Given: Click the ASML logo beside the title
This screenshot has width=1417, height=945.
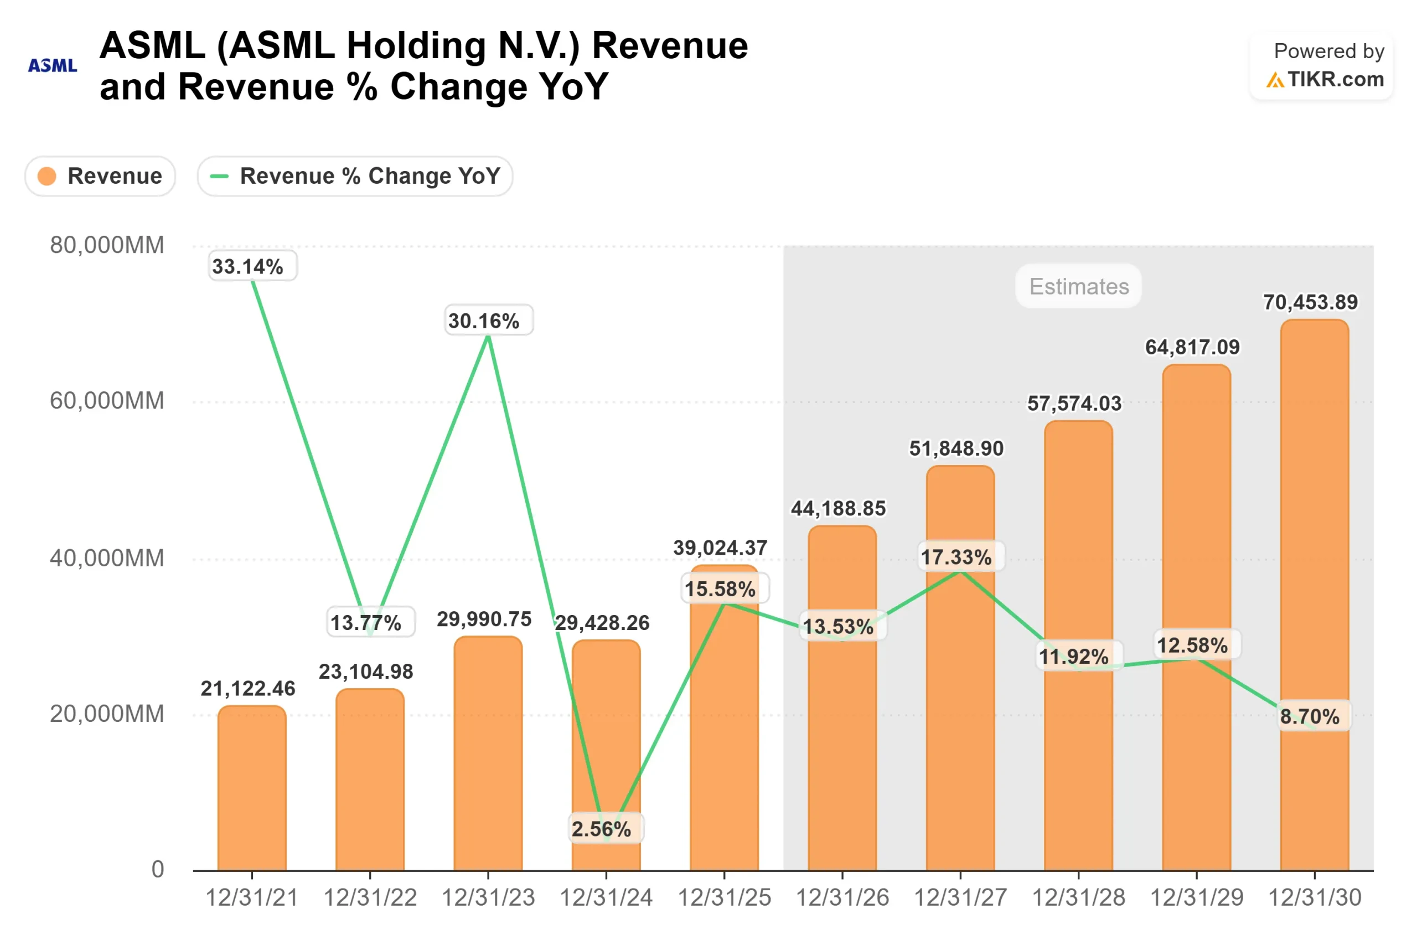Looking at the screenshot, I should point(53,65).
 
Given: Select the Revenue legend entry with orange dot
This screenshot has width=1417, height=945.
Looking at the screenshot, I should point(100,176).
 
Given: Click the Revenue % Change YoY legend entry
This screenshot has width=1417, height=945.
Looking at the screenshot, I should point(355,176).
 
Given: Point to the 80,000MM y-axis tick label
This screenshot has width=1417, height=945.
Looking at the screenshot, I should point(107,245).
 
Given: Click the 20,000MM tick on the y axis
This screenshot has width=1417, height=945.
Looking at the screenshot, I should point(107,714).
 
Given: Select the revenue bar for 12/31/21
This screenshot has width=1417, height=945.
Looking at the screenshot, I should point(252,789).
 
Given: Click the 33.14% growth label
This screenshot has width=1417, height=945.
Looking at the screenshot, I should point(247,266).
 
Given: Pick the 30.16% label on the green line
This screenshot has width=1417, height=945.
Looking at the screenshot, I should point(484,321).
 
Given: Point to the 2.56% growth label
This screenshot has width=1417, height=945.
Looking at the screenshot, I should point(601,829).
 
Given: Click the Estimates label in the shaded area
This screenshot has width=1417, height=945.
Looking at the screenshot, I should point(1078,286).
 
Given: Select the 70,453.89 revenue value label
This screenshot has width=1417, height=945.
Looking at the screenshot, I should point(1310,302).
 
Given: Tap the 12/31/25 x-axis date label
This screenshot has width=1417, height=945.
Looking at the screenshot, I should point(724,898).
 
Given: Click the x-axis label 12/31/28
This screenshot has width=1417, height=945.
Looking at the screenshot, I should point(1078,898).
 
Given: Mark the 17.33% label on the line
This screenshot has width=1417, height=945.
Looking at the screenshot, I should point(956,557).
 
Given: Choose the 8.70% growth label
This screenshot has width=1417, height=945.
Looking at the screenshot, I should point(1310,716).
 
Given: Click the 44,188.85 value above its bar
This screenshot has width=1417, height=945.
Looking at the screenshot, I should point(838,508).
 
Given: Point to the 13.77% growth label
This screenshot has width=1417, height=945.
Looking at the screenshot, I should point(366,623).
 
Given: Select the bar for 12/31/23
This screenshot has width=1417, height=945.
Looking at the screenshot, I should point(488,753).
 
